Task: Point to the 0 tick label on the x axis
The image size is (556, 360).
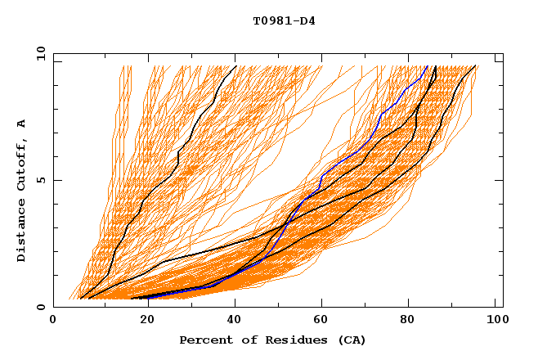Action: pyautogui.click(x=53, y=322)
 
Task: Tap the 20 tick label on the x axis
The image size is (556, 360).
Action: pyautogui.click(x=143, y=322)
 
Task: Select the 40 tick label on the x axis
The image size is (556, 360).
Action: pyautogui.click(x=233, y=322)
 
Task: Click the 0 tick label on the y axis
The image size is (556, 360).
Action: pyautogui.click(x=40, y=307)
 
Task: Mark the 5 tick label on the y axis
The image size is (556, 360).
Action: pyautogui.click(x=40, y=180)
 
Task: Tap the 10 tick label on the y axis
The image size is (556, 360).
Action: pyautogui.click(x=38, y=54)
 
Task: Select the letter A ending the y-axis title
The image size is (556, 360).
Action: pyautogui.click(x=21, y=123)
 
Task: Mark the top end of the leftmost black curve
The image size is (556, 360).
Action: pyautogui.click(x=235, y=66)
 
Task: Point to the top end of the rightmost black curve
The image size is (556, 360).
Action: pyautogui.click(x=476, y=66)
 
